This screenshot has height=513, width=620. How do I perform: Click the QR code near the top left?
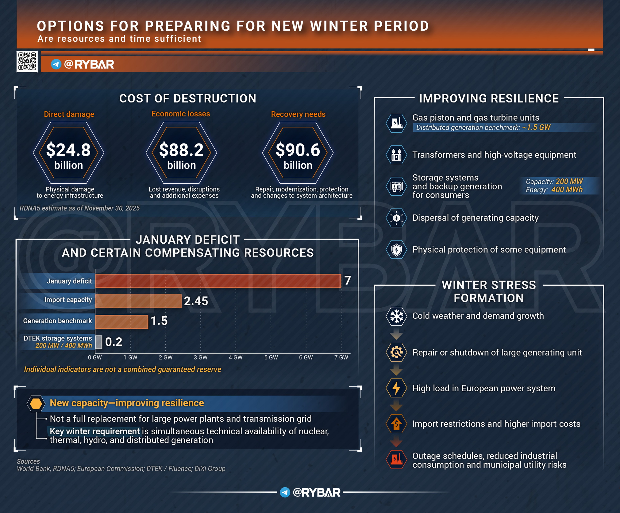tap(27, 62)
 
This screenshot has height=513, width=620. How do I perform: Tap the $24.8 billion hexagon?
tap(68, 153)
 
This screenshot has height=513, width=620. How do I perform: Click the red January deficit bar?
tap(218, 281)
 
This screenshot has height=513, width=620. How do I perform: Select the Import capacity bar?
tap(138, 301)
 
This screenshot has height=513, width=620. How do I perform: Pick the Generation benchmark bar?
tap(122, 321)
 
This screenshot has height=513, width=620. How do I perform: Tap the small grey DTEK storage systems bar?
tap(99, 342)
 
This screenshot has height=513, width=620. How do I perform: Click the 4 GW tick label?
tap(236, 357)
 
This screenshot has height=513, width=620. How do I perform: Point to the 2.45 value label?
tap(196, 301)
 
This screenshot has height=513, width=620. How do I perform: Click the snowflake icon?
tap(396, 316)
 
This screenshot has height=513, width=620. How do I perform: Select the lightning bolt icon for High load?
tap(396, 388)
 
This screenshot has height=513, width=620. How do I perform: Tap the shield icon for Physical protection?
tap(396, 250)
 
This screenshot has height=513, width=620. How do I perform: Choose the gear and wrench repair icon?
tap(396, 352)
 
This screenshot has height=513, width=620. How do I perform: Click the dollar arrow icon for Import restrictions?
tap(396, 424)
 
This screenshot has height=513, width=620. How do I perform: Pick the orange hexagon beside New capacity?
tap(36, 404)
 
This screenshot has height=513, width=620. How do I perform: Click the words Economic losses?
tap(181, 114)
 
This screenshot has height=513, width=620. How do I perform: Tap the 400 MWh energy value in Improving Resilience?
tap(567, 190)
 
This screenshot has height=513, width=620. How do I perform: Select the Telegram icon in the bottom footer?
tap(285, 492)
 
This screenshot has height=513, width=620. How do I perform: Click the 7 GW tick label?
tap(341, 357)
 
